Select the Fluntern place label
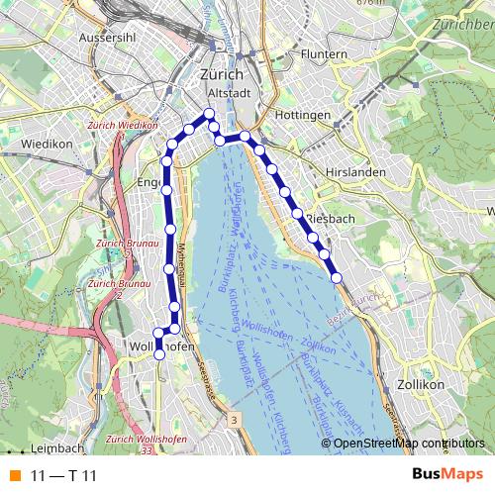324,53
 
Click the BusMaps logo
447,475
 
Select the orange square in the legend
15,475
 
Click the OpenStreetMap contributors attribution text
409,444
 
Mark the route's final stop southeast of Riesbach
336,277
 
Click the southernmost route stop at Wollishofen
159,354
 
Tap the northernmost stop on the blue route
209,114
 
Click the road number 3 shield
234,420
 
